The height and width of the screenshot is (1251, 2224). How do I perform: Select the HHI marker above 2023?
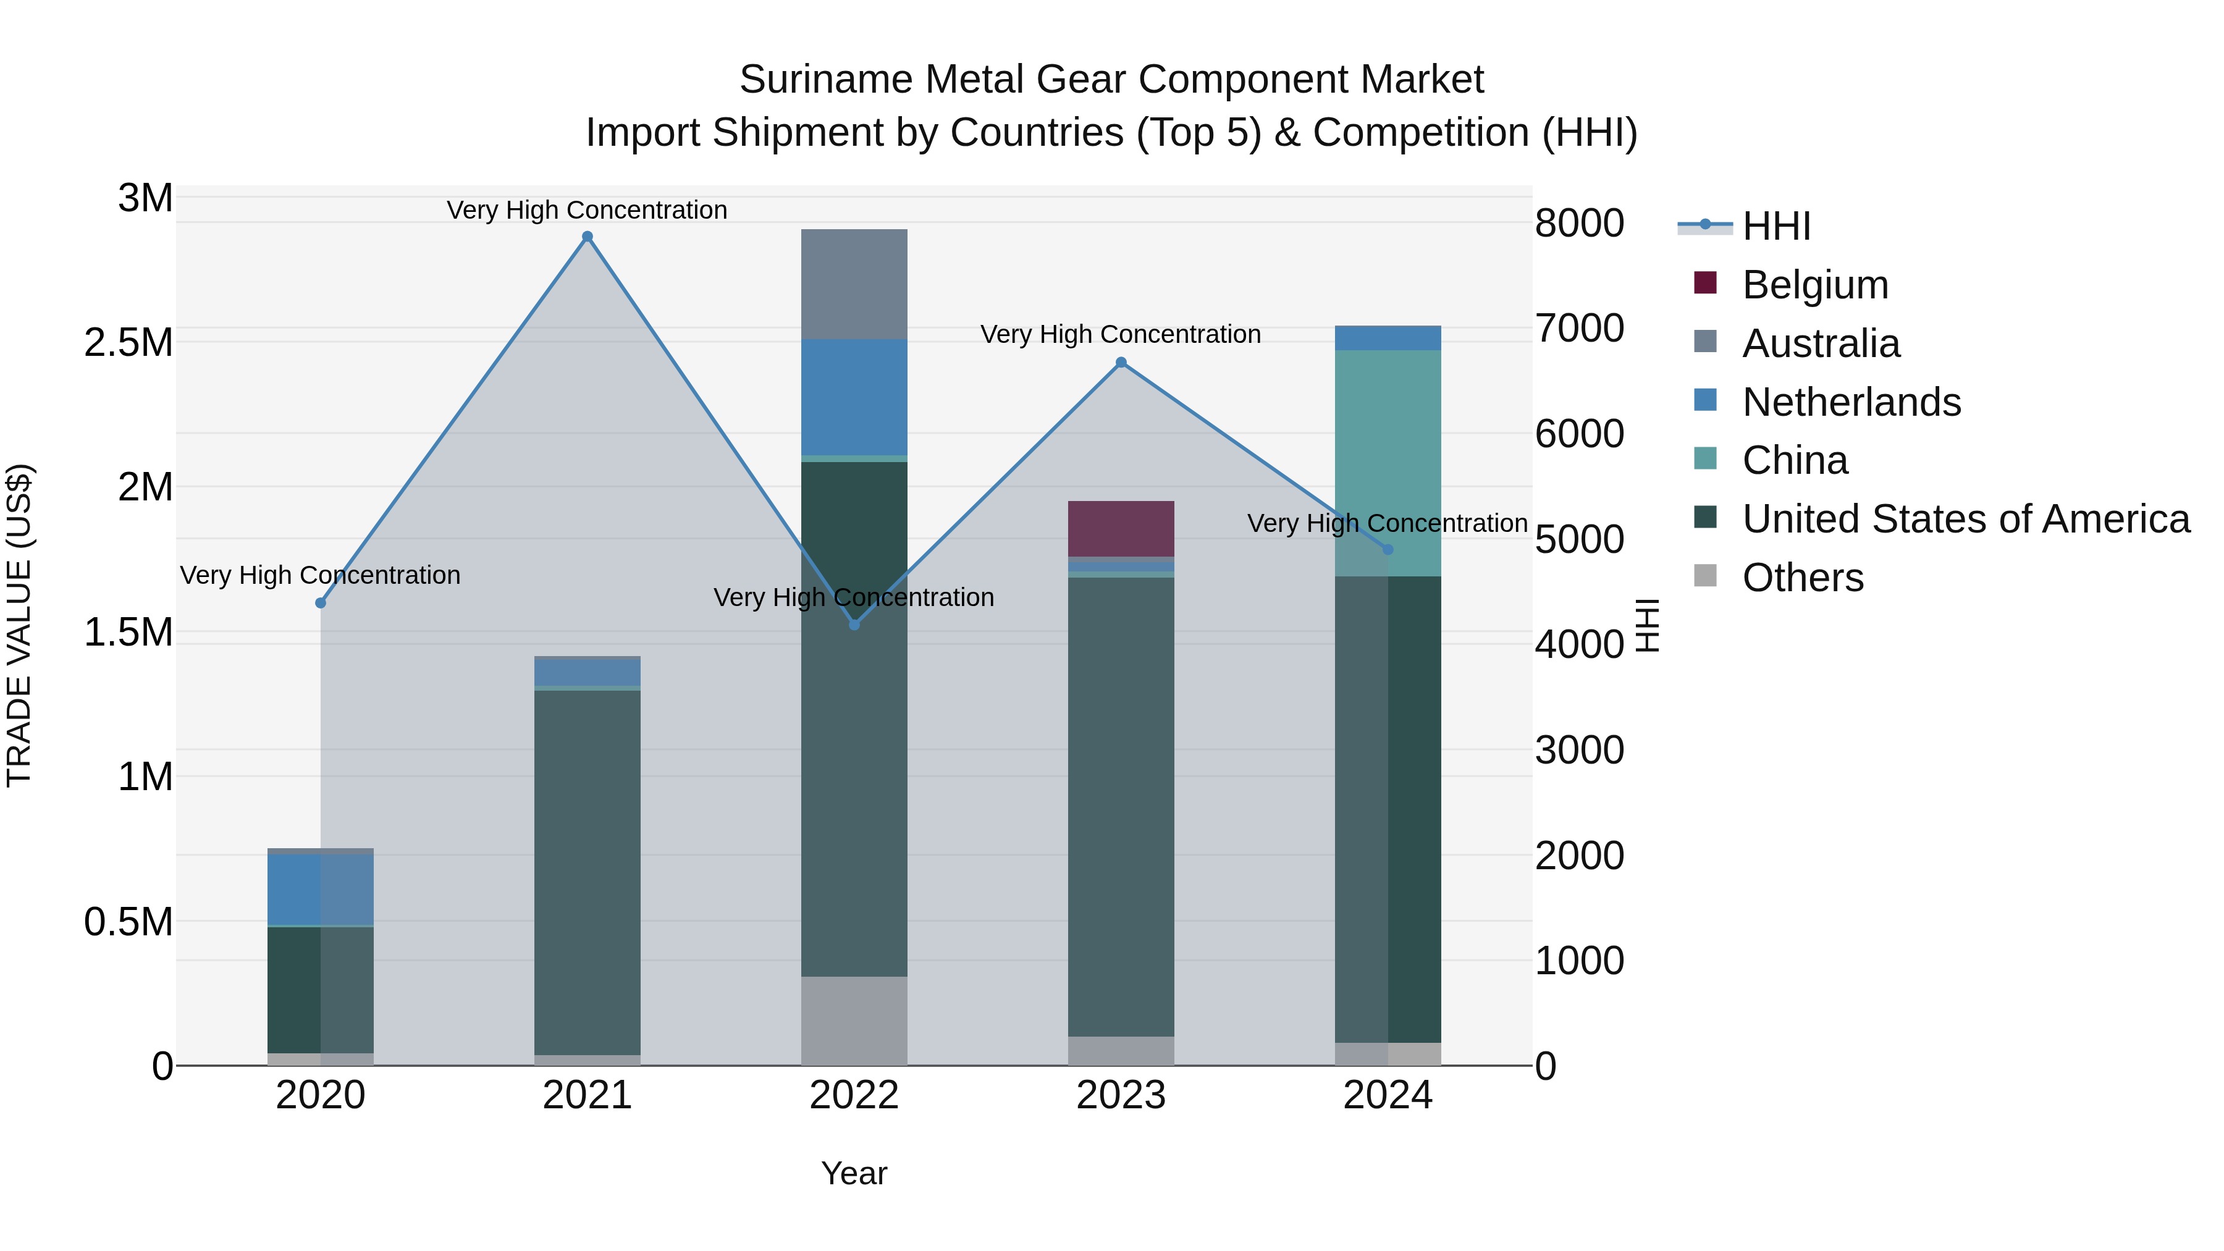1121,363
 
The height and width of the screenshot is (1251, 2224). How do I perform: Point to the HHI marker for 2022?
854,624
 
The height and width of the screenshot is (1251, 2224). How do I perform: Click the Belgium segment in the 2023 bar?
1121,528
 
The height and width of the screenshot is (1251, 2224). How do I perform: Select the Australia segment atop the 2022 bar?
854,284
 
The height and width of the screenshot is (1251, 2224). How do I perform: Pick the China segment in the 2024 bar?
1388,463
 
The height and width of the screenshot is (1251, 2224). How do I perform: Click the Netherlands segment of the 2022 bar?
854,397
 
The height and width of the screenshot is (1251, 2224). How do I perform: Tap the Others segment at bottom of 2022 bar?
854,1021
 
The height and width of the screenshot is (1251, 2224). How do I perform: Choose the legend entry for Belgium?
1815,285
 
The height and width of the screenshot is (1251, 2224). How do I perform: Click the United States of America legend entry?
1965,519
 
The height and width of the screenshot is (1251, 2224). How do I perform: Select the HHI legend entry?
1776,226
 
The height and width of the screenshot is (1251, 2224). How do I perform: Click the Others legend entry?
1802,578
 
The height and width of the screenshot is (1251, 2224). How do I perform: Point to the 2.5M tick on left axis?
128,343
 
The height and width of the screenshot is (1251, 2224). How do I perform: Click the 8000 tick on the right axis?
1579,223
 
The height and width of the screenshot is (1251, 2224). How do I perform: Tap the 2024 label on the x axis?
1388,1095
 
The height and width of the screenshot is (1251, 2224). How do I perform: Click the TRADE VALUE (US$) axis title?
19,625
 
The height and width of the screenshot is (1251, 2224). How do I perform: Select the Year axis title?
854,1173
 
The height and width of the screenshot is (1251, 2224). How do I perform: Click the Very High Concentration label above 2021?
587,210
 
